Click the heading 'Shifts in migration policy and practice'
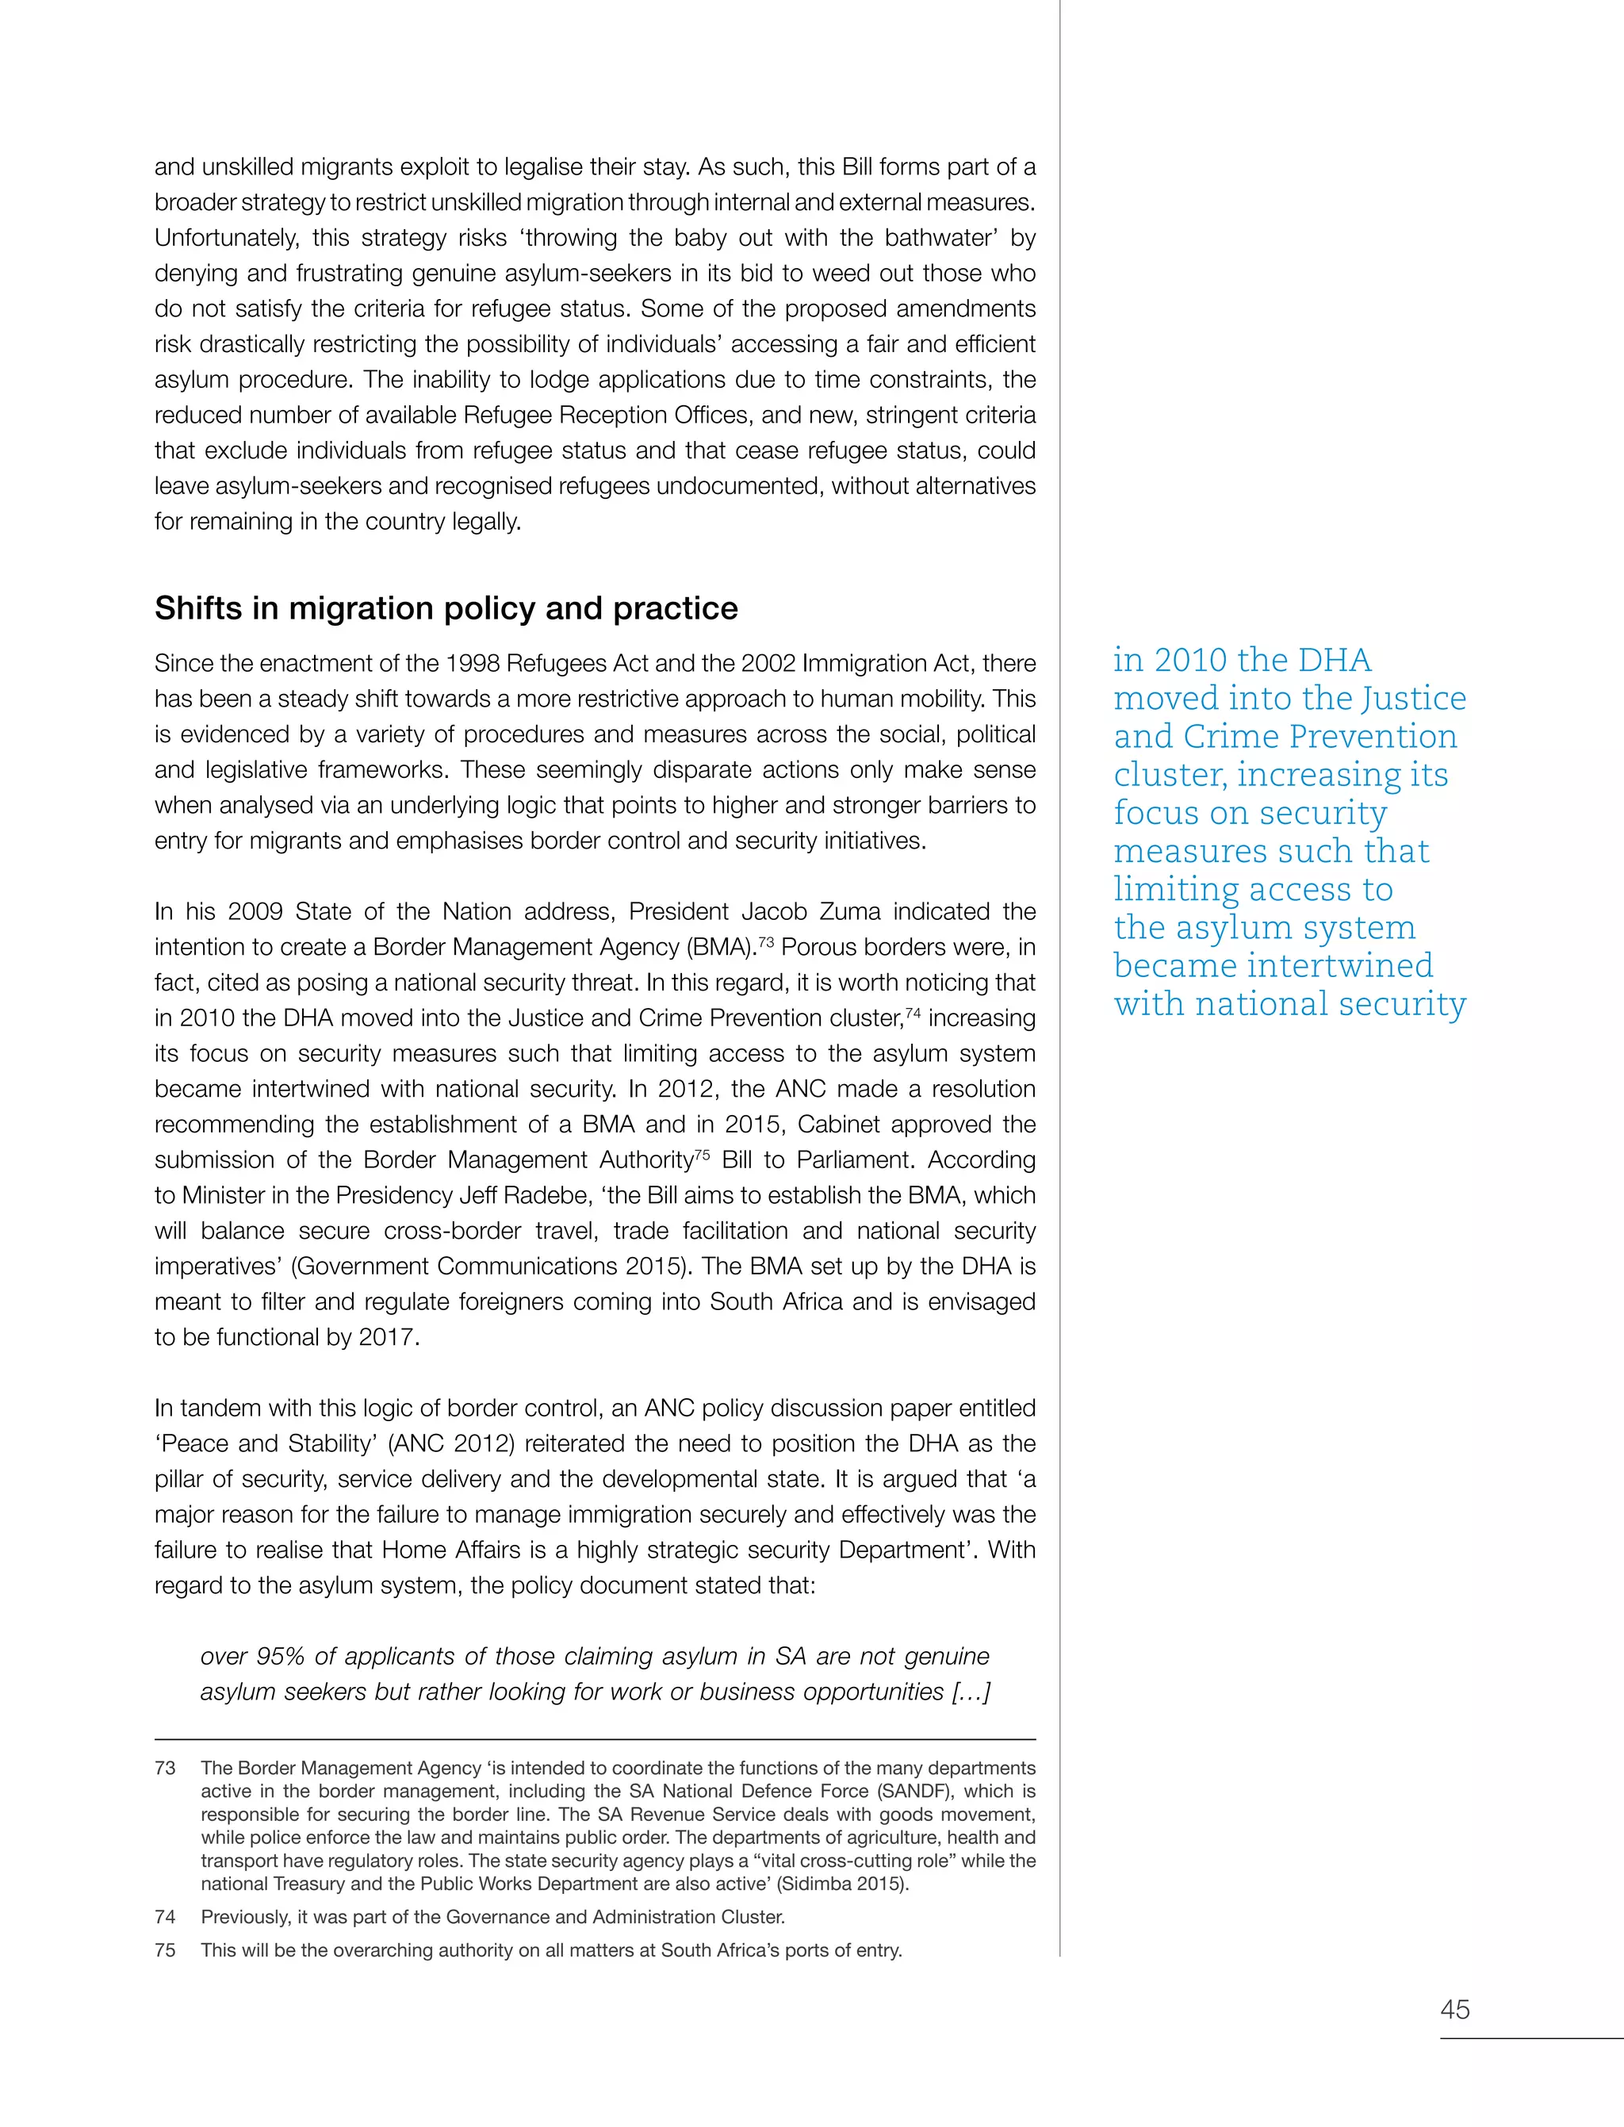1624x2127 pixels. pyautogui.click(x=446, y=608)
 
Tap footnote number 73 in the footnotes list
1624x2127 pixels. pyautogui.click(x=165, y=1769)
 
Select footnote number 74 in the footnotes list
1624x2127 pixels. pyautogui.click(x=165, y=1917)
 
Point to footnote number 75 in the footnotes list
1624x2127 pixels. pyautogui.click(x=165, y=1950)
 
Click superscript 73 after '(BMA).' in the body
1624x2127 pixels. pyautogui.click(x=764, y=940)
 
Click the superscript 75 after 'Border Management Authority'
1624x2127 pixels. pyautogui.click(x=702, y=1152)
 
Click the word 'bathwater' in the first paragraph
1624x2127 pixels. pyautogui.click(x=944, y=238)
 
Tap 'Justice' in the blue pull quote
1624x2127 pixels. pyautogui.click(x=1413, y=698)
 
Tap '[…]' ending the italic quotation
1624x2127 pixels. pyautogui.click(x=971, y=1692)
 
